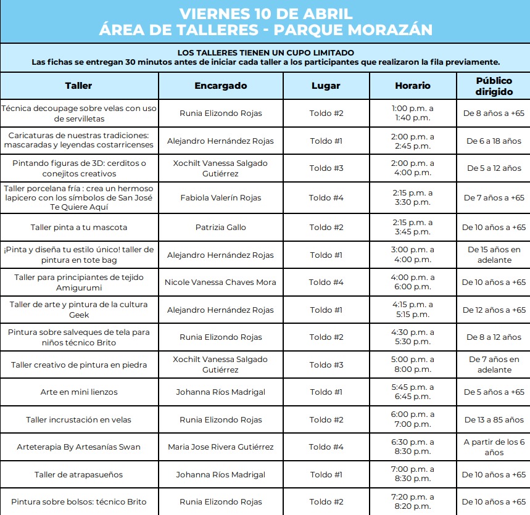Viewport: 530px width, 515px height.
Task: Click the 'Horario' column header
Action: pos(412,86)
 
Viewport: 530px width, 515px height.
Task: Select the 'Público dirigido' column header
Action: pos(494,86)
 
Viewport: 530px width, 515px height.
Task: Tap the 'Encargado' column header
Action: pos(220,86)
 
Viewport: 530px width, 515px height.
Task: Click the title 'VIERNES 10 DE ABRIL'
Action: pos(265,14)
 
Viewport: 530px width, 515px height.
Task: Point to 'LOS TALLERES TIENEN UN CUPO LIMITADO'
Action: pos(265,52)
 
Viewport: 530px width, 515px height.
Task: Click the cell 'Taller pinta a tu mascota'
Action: pos(79,227)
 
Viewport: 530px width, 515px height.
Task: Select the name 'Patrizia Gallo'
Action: pos(220,227)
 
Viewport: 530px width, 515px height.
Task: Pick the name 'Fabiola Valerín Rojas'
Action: pos(220,197)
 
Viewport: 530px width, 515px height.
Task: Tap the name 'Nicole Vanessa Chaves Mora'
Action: pos(220,282)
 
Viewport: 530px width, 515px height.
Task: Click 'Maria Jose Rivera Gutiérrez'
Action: pos(220,447)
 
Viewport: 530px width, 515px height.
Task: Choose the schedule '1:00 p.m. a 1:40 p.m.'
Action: pos(412,113)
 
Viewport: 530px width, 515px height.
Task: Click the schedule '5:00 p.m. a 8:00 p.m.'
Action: pos(412,365)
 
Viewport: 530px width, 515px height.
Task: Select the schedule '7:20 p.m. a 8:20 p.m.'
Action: pos(412,501)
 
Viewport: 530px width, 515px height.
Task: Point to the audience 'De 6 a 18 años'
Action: pos(494,141)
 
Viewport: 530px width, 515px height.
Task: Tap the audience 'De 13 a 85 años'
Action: pos(494,419)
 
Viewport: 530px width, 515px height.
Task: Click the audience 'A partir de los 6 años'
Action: pos(494,447)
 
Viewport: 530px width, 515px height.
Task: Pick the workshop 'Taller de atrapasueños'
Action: pos(79,474)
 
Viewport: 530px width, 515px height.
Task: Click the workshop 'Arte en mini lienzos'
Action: pos(79,392)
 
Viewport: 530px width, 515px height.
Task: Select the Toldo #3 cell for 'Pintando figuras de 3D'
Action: pos(326,168)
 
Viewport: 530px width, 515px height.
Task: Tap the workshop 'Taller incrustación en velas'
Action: pos(79,419)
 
